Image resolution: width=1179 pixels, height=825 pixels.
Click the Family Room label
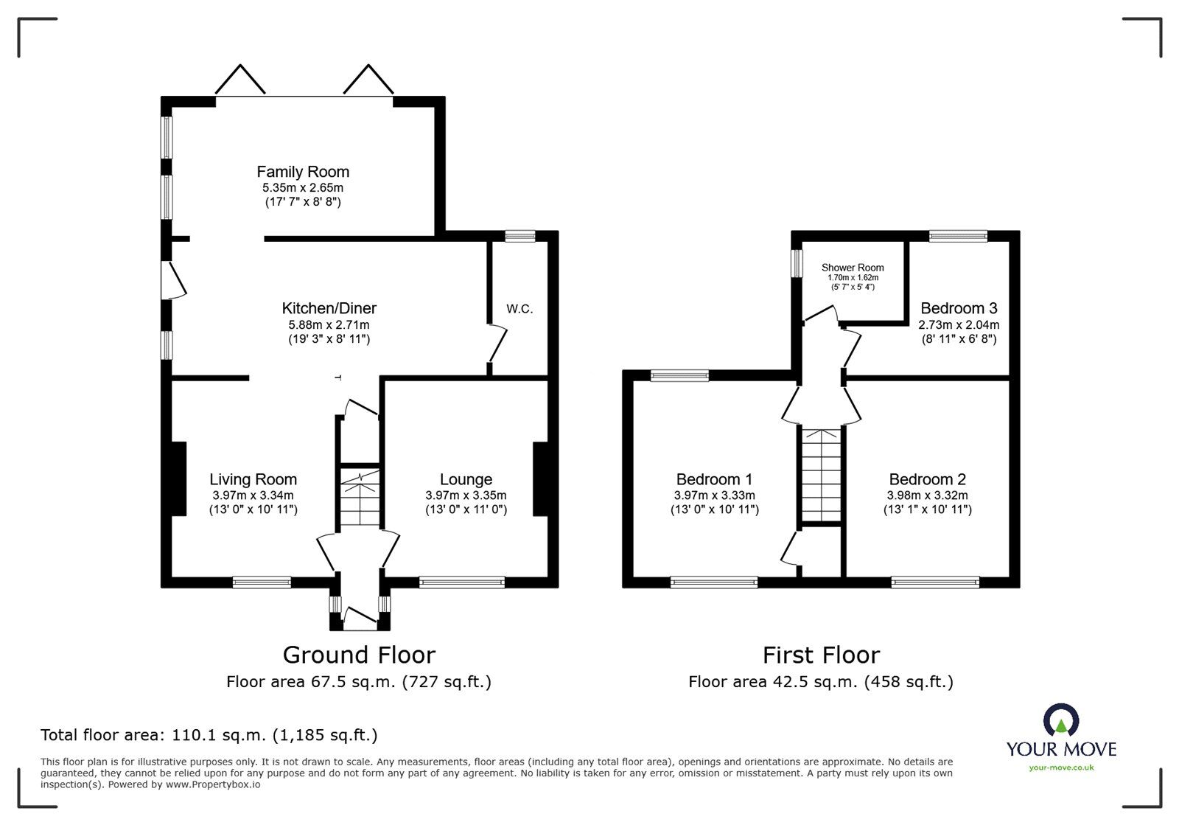click(x=303, y=172)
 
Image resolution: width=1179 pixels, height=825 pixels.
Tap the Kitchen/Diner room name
click(x=329, y=308)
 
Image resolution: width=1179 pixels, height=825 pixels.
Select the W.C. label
click(x=519, y=309)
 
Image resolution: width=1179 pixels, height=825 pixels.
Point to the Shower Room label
click(x=853, y=268)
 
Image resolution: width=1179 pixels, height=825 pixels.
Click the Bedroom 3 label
click(x=959, y=308)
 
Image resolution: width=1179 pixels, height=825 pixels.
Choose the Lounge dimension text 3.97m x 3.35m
click(x=466, y=495)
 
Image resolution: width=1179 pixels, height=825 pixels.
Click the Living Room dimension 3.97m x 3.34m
click(x=253, y=495)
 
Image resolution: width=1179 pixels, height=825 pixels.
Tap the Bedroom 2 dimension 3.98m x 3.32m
click(x=928, y=495)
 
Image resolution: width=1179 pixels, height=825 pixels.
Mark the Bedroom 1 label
click(x=714, y=479)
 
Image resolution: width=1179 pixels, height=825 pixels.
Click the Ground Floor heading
click(x=359, y=655)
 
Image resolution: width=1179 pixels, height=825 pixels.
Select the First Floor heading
click(x=821, y=655)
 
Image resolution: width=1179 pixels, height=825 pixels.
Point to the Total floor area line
click(x=209, y=735)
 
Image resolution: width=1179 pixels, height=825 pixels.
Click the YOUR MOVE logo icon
click(x=1061, y=719)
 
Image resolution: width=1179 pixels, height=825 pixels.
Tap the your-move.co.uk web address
click(x=1061, y=767)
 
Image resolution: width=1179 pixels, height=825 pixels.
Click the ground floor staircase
click(x=360, y=497)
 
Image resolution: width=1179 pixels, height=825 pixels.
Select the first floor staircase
click(x=821, y=475)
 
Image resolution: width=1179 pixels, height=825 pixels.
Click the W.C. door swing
click(x=498, y=344)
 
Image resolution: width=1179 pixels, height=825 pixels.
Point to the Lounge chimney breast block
click(x=541, y=479)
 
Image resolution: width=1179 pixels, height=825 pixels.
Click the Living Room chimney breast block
click(x=179, y=479)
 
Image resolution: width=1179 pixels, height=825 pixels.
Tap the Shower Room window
click(x=797, y=263)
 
